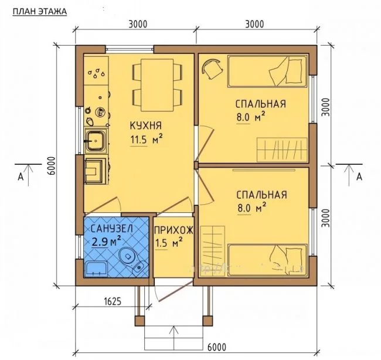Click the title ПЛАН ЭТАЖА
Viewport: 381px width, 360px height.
40,12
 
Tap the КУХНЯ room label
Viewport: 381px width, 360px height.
146,125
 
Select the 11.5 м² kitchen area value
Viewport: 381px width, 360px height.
147,140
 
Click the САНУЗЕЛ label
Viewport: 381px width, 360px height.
112,229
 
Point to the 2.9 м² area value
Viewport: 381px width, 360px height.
106,242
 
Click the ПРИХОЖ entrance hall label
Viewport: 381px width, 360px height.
174,230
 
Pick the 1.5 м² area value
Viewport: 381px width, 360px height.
169,243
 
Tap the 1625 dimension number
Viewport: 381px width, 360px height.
113,301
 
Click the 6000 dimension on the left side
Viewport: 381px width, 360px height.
52,166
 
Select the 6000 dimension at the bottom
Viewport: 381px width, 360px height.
217,347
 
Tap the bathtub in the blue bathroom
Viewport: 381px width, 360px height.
96,269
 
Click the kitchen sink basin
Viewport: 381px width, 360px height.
96,141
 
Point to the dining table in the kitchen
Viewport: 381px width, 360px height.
157,85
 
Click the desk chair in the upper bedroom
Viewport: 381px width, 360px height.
212,69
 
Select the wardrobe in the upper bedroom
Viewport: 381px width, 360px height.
282,150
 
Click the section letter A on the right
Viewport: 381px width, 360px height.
359,176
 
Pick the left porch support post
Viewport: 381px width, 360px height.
140,321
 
